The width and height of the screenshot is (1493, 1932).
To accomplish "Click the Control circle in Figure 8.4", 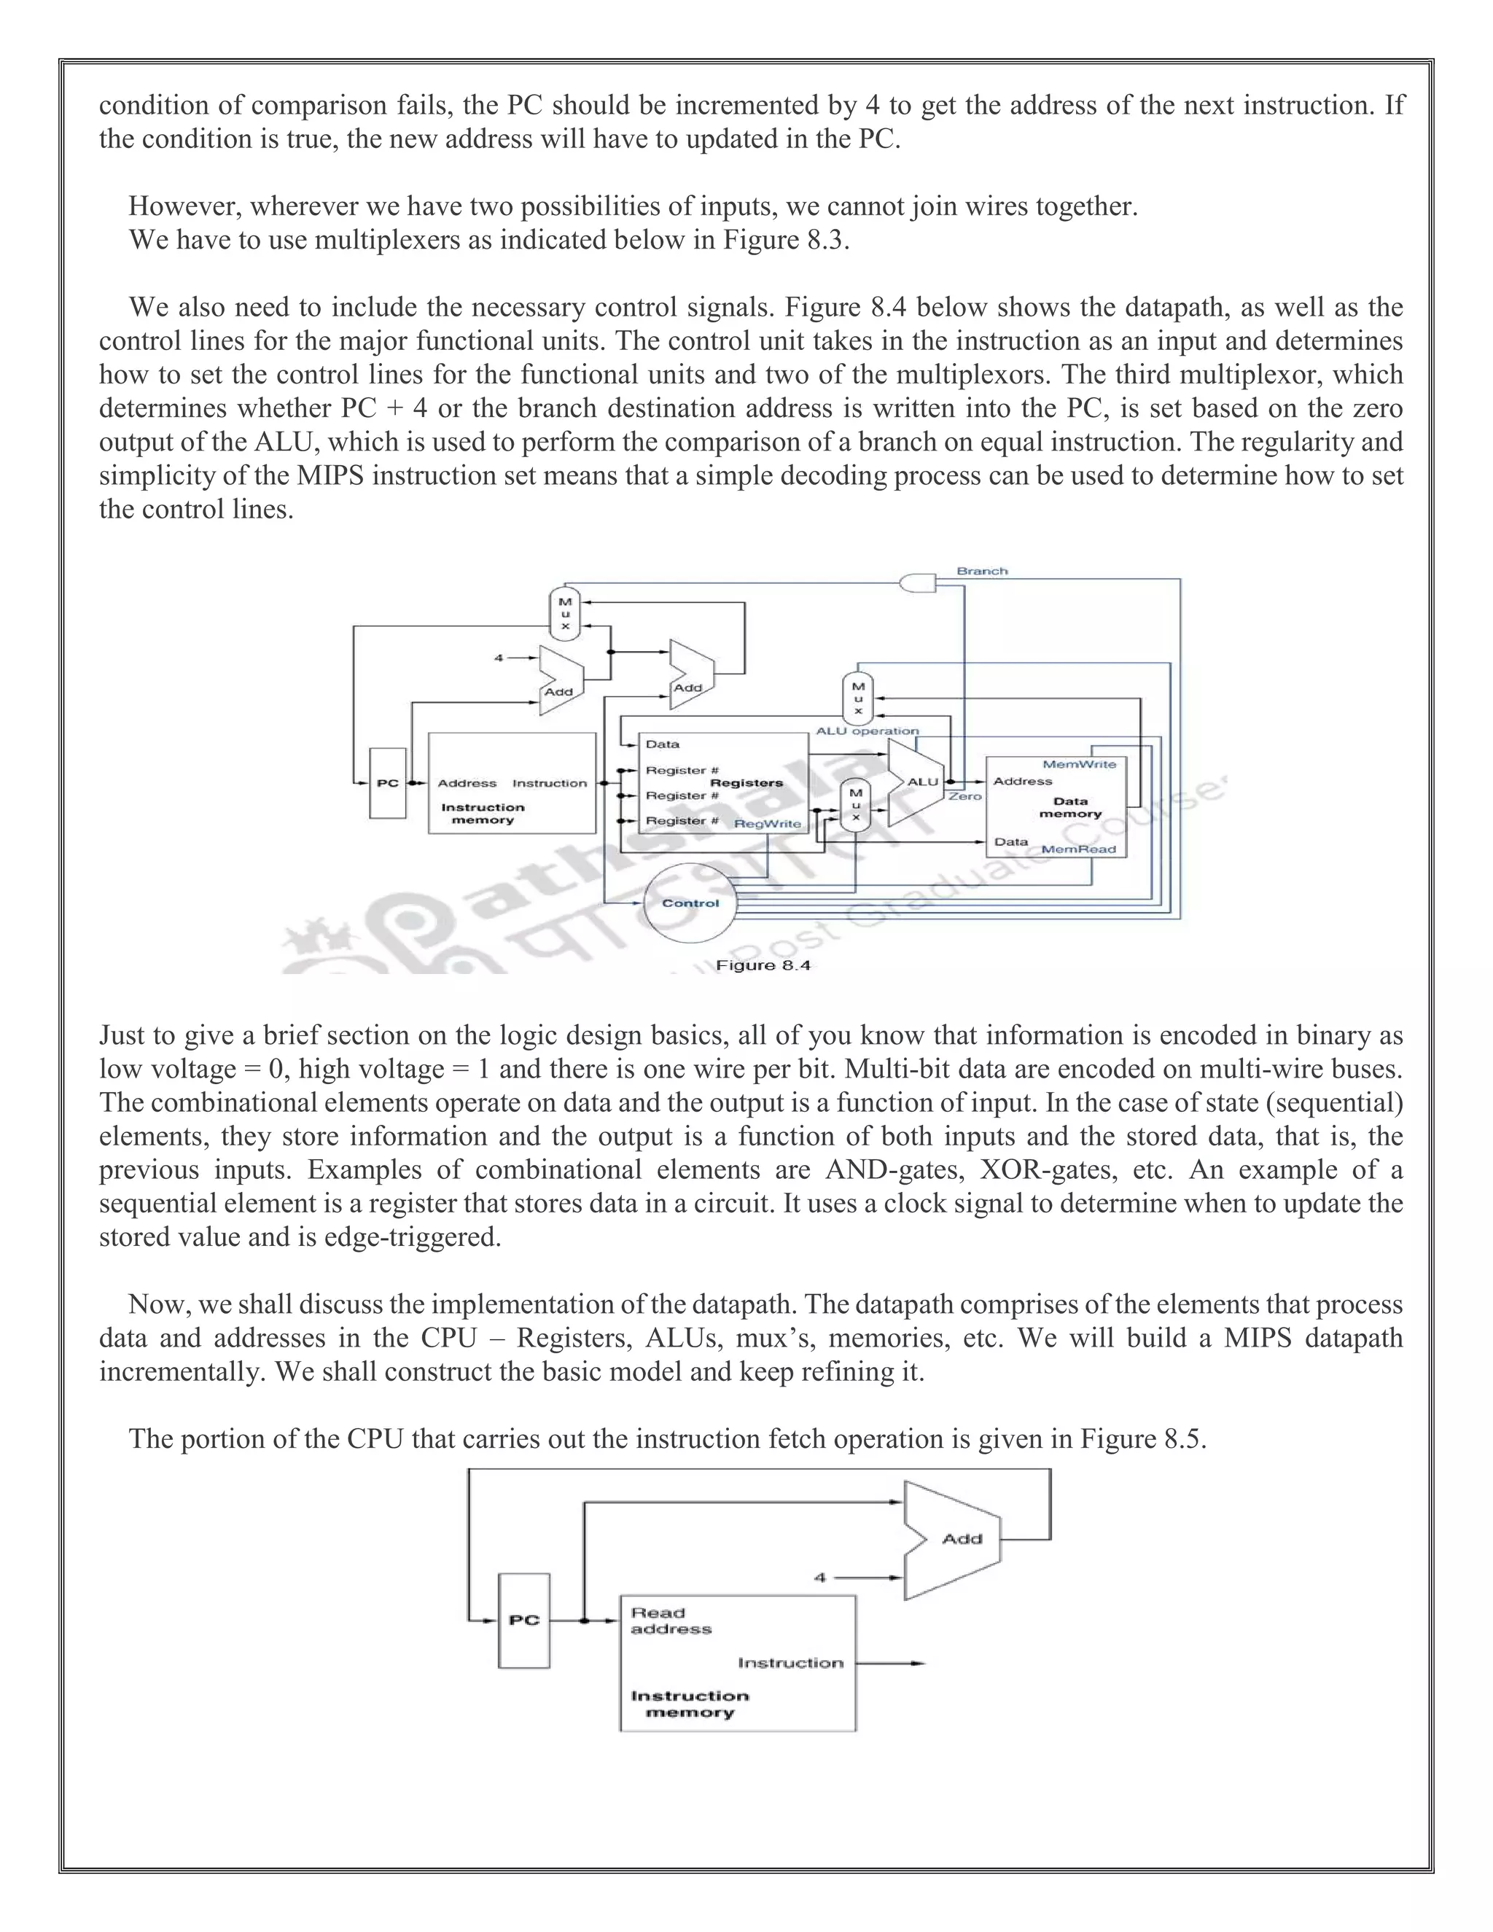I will (x=690, y=903).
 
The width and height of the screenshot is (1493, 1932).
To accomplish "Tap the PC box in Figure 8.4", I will (x=387, y=783).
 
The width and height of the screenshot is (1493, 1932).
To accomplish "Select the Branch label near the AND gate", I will (x=982, y=572).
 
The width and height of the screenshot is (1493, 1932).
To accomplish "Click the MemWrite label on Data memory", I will (x=1079, y=764).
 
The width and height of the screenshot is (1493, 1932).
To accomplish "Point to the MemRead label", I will (x=1078, y=849).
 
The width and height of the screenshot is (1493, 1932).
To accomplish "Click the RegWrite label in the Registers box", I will (x=768, y=824).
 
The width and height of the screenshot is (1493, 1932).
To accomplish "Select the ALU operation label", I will (x=867, y=731).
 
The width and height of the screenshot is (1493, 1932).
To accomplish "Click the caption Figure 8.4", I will (x=763, y=965).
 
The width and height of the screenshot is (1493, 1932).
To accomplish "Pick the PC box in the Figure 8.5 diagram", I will (x=523, y=1621).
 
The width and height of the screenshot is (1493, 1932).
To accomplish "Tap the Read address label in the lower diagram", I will (x=671, y=1621).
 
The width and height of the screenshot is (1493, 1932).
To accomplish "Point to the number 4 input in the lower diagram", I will (x=820, y=1577).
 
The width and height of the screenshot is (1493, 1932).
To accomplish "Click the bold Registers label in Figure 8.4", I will (x=746, y=783).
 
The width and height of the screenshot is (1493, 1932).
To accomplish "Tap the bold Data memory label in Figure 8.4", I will (x=1070, y=808).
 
